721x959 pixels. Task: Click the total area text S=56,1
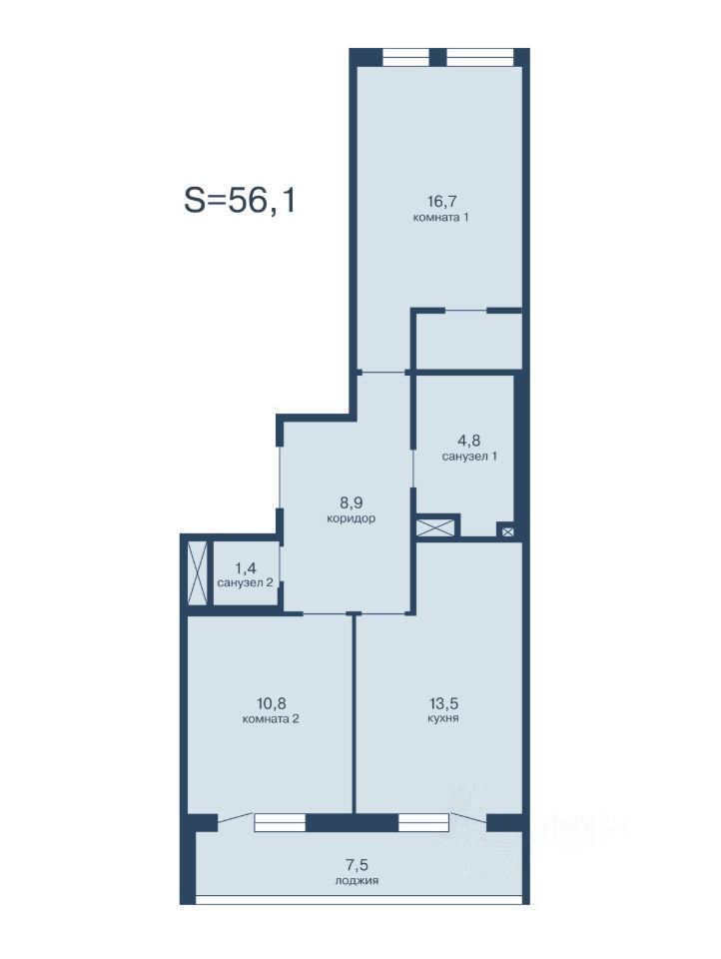click(240, 200)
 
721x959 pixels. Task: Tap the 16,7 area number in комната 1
click(442, 201)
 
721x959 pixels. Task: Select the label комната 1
click(441, 217)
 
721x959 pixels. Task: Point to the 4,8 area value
click(469, 441)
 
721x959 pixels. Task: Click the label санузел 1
click(469, 457)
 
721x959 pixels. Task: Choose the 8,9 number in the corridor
click(352, 502)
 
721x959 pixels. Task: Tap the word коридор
click(352, 518)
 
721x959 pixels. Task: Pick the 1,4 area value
click(246, 568)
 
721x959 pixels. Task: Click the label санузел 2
click(246, 582)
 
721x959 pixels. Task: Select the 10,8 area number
click(271, 704)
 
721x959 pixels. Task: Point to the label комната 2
click(271, 719)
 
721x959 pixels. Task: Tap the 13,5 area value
click(443, 704)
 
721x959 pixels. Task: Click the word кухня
click(442, 718)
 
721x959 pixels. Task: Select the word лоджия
click(357, 881)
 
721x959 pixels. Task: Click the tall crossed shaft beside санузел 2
click(198, 573)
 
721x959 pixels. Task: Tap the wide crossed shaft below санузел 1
click(435, 527)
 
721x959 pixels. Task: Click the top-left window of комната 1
click(406, 57)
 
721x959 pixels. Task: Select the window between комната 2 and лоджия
click(280, 822)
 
